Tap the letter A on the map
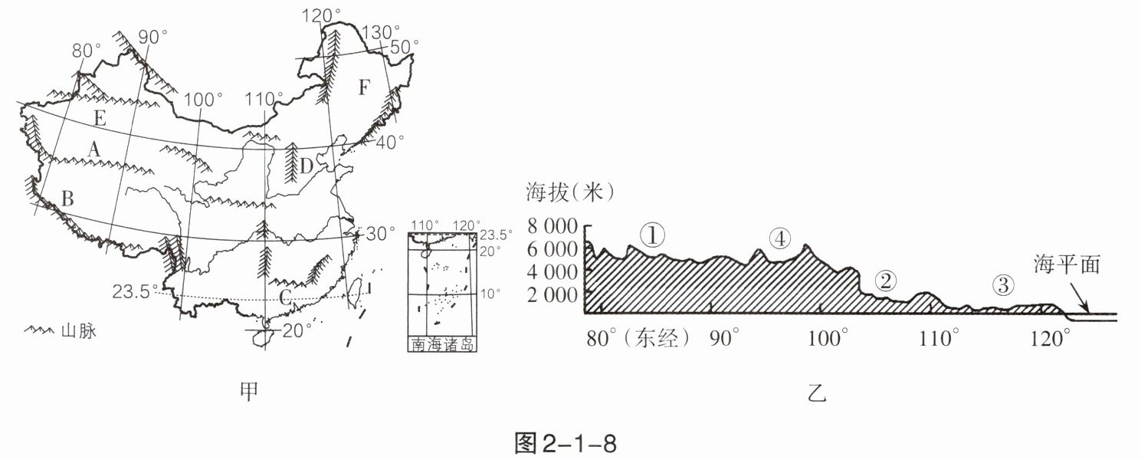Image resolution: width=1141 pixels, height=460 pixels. pos(93,151)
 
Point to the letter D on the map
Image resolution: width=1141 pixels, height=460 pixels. pos(307,166)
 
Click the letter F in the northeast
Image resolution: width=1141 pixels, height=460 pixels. pos(363,88)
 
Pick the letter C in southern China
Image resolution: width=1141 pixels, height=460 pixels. pos(284,299)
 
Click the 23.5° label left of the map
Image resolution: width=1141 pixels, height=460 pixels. pos(133,291)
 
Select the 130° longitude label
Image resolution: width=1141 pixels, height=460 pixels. pos(380,32)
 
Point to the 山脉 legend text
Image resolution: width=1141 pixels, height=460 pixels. pos(78,333)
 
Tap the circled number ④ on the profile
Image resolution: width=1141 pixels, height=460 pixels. pos(779,239)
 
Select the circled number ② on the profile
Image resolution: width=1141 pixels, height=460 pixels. pos(885,281)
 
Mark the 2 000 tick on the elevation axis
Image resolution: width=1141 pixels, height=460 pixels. pos(553,294)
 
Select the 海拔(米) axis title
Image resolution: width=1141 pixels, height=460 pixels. pos(569,192)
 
